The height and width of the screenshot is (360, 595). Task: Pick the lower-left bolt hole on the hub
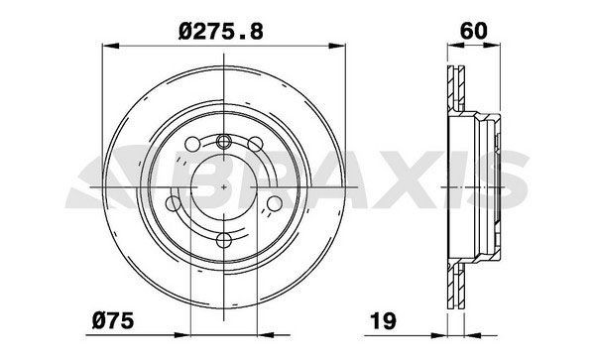click(175, 204)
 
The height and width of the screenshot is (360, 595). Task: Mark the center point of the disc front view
click(224, 187)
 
